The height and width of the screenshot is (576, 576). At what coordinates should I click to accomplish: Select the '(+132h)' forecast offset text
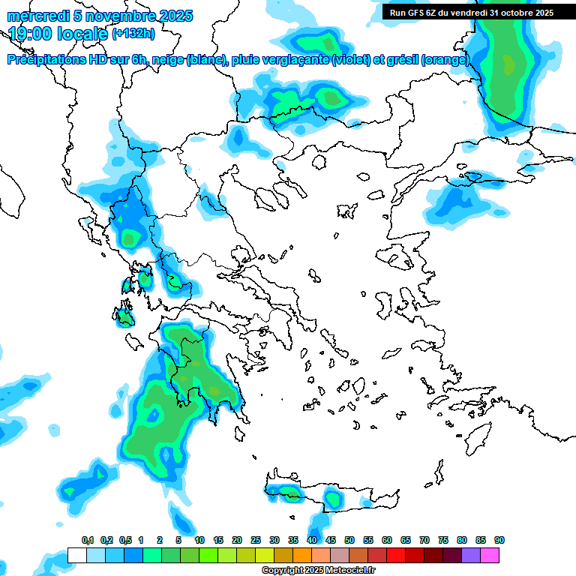coord(133,34)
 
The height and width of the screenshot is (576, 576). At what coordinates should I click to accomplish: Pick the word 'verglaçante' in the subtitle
coord(295,59)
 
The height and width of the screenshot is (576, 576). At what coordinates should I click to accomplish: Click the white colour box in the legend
coord(77,555)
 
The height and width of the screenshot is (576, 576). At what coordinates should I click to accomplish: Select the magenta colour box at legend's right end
coord(490,555)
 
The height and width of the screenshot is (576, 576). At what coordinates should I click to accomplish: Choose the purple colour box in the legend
coord(471,555)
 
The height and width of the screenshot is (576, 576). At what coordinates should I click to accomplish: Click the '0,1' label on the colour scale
coord(87,540)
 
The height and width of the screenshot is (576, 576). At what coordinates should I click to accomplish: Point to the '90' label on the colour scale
coord(499,540)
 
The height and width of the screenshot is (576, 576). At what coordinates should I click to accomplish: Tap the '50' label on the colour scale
coord(349,540)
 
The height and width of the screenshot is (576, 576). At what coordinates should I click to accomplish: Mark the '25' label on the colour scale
coord(256,540)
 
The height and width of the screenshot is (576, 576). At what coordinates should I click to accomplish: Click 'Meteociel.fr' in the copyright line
coord(340,571)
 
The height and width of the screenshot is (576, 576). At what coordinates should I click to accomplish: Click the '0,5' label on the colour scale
coord(124,540)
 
